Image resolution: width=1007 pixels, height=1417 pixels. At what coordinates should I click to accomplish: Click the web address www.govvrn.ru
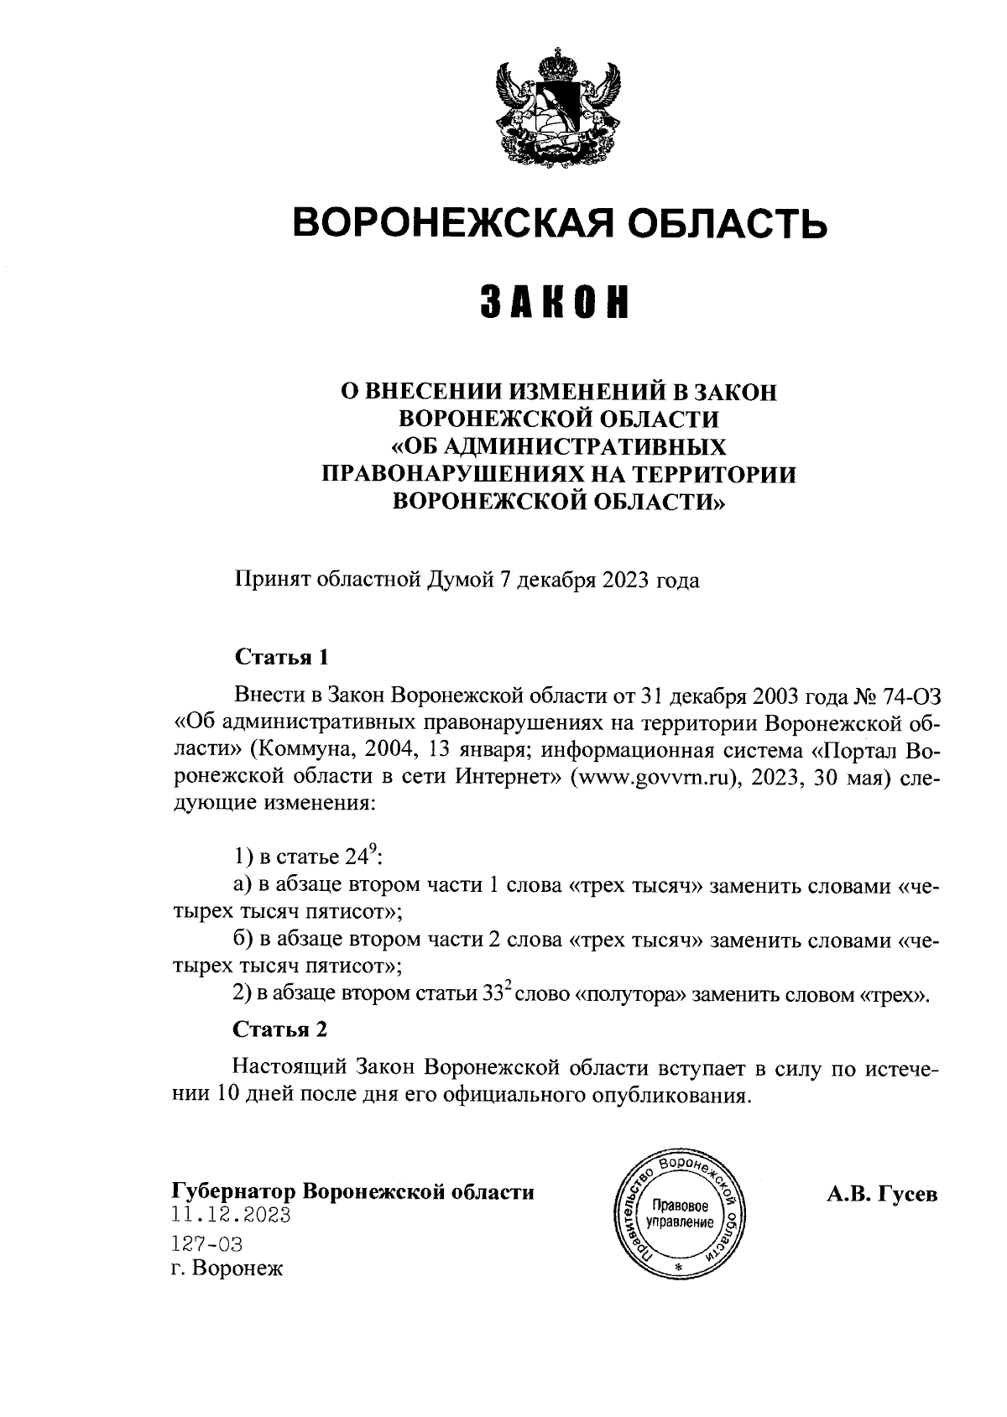(654, 776)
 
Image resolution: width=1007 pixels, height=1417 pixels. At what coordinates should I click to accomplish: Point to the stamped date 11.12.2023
(231, 1215)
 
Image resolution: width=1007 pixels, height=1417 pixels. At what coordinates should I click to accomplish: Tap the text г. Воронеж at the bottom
(227, 1269)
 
